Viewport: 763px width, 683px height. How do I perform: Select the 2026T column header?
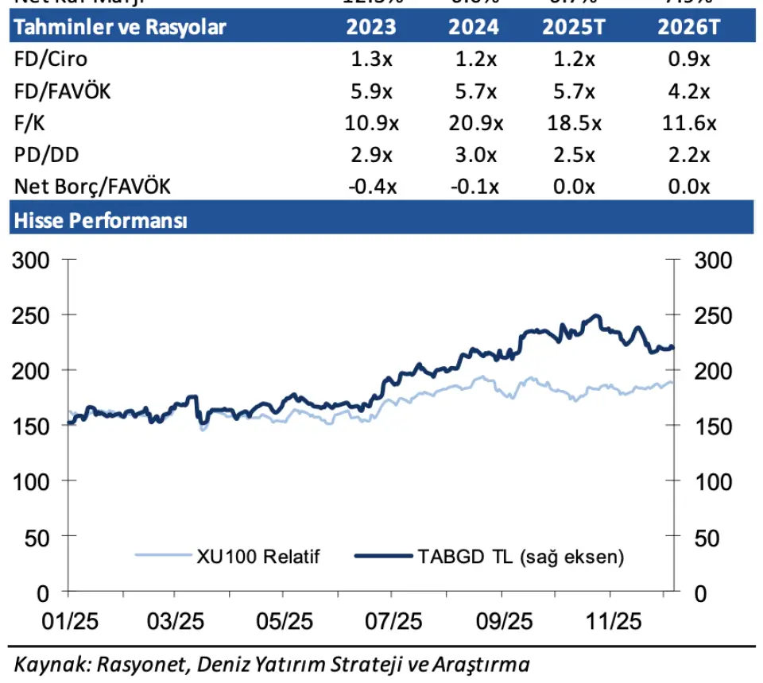coord(688,27)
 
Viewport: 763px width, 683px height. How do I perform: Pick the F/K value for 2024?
coord(474,123)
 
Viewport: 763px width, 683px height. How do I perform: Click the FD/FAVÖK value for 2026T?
coord(688,91)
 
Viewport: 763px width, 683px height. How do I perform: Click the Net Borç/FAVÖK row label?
coord(91,187)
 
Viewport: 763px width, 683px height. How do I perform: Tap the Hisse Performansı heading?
coord(99,220)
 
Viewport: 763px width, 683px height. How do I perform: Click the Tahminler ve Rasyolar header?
coord(120,27)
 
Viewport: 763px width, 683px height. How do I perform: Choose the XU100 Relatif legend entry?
coord(258,556)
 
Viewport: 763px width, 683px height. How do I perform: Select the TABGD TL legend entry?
coord(520,556)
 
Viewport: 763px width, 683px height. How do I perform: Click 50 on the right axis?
coord(706,538)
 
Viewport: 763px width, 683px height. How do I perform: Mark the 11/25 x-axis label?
coord(609,620)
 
